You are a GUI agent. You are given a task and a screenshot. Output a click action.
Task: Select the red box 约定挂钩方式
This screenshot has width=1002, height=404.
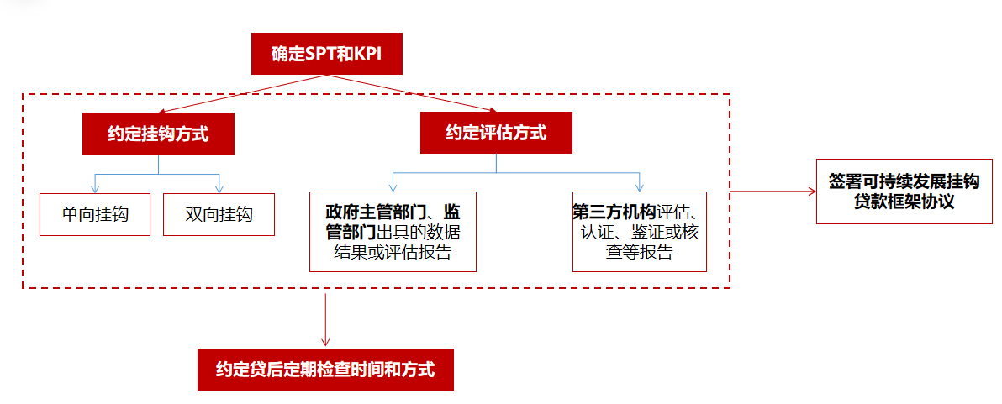pos(157,134)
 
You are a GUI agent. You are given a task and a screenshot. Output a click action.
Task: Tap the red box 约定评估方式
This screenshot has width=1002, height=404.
pos(496,133)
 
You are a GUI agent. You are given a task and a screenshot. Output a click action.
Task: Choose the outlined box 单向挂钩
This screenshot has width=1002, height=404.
pos(95,214)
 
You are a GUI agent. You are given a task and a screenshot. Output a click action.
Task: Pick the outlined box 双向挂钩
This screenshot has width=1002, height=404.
pos(219,214)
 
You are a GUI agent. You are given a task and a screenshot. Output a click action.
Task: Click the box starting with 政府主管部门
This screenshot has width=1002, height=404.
pos(393,231)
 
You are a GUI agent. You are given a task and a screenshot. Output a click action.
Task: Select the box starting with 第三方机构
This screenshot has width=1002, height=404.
pos(639,231)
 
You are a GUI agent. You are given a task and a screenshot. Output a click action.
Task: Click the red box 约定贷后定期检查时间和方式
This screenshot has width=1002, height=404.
pos(325,369)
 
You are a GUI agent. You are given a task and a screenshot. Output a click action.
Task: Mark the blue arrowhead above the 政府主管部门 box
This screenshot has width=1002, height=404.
pos(393,186)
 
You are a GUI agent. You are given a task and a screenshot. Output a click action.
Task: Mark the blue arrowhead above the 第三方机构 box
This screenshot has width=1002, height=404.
pos(640,186)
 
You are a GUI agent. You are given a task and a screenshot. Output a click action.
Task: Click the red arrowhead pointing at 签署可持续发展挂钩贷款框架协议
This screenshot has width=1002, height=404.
pos(811,192)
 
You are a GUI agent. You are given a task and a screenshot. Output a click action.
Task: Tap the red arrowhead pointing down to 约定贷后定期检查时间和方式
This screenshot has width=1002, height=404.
pos(325,342)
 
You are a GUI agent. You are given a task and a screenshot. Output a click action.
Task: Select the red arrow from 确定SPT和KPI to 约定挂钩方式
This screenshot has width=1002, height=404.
pos(244,93)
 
